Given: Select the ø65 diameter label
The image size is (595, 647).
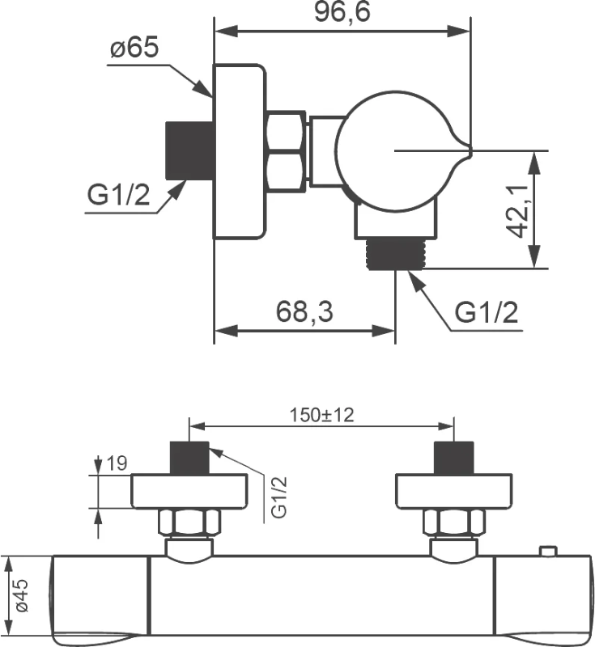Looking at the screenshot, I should click(134, 49).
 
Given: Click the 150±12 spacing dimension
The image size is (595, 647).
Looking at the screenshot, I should click(321, 415).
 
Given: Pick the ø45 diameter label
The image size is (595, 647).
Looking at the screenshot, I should click(22, 595).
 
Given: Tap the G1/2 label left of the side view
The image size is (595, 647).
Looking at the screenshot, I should click(119, 195).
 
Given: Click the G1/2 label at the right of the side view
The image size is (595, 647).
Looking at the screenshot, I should click(486, 311).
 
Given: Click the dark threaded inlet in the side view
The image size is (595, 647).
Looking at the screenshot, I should click(189, 150).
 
